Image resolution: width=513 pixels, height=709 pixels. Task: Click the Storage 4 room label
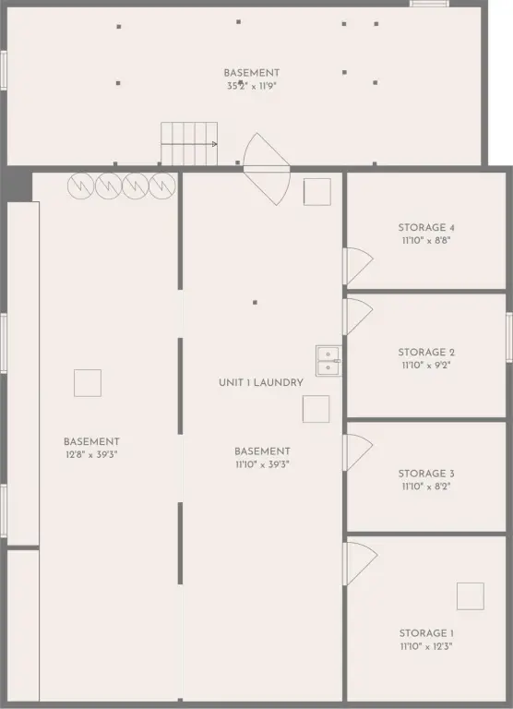coord(426,228)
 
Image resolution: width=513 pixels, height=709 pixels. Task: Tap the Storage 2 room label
coord(426,353)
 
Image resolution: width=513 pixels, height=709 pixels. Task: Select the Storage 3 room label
coord(426,474)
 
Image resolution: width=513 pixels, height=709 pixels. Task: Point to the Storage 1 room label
coord(426,633)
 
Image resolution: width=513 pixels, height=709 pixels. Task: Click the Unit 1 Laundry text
coord(261,382)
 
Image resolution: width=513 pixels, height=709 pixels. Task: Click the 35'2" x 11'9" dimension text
coord(251,86)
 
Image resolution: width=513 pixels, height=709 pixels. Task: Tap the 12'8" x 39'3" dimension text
coord(91,455)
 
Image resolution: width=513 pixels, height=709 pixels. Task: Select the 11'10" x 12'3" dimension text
coord(426,646)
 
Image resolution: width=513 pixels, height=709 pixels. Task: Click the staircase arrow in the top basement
coord(189,144)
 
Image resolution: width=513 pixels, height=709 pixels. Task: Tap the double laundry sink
coord(328,361)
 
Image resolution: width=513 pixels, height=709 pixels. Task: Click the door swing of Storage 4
coord(358,266)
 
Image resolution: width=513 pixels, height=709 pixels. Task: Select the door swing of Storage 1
coord(360,564)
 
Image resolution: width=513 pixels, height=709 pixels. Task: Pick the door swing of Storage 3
coord(358,452)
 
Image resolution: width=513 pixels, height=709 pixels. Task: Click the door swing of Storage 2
coord(358,317)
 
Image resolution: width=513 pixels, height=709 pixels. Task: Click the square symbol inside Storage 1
coord(470,596)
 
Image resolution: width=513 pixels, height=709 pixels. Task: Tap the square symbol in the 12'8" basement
coord(88,383)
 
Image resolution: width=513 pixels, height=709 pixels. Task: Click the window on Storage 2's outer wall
coord(509,337)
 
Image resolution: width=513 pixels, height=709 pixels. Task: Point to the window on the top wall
coord(429,4)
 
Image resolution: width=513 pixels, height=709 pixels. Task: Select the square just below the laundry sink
coord(316,409)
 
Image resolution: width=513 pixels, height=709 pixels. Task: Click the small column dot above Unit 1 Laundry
coord(255,303)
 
